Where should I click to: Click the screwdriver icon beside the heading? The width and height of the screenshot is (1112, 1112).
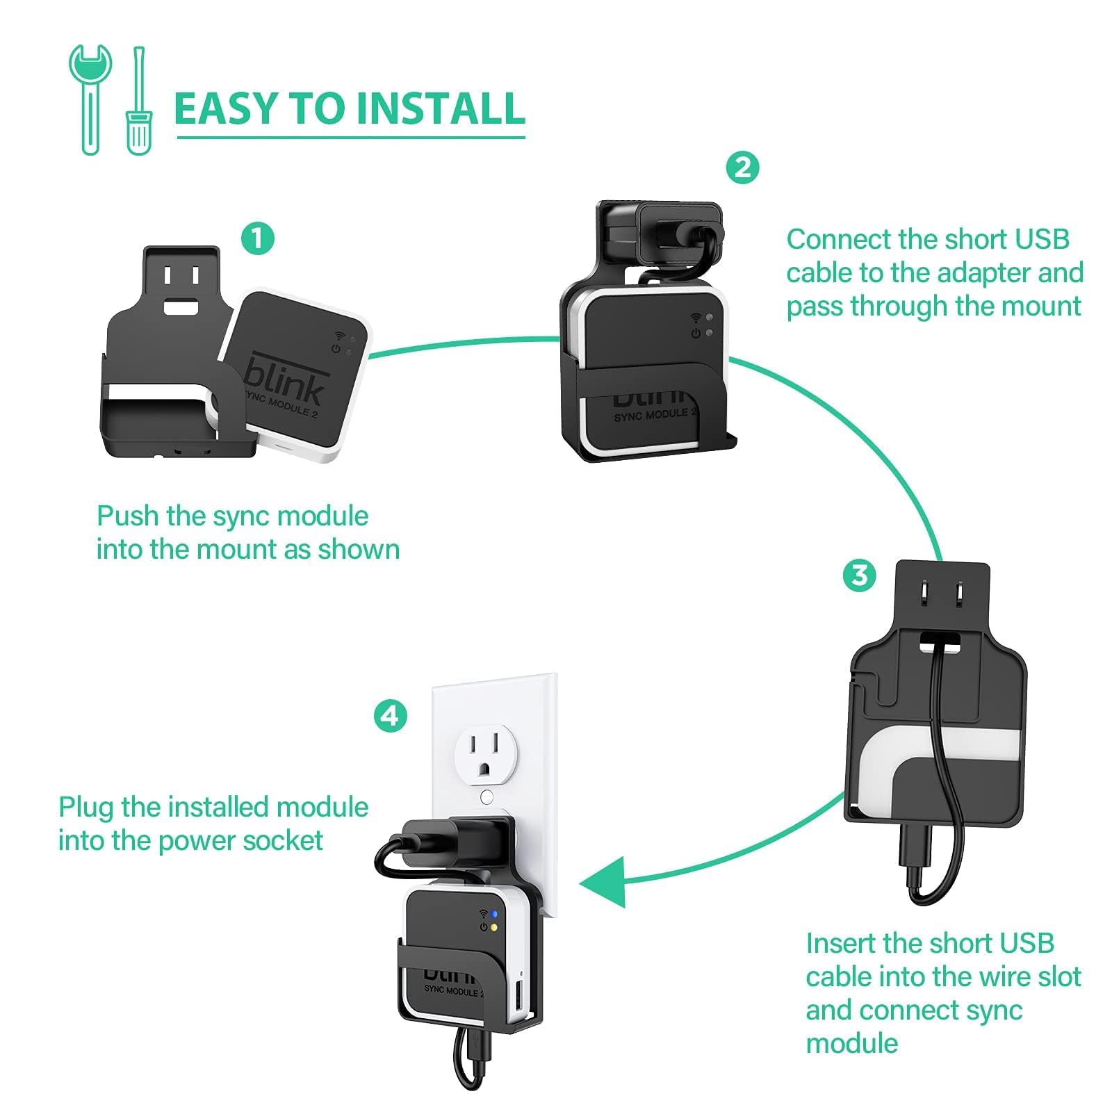[x=139, y=101]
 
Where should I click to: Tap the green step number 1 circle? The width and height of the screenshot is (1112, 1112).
[x=258, y=238]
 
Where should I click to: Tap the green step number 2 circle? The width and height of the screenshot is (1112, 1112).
[x=742, y=167]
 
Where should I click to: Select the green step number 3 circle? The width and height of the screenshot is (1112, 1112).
[x=860, y=575]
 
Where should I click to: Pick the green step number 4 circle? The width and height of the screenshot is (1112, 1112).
[x=391, y=715]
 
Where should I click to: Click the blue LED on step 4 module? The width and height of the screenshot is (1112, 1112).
[x=494, y=914]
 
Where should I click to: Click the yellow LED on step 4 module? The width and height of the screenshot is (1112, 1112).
[x=494, y=927]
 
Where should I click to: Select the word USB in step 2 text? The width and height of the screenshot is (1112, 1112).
[x=1042, y=240]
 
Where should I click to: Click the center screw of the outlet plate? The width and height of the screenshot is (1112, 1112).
[x=486, y=796]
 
